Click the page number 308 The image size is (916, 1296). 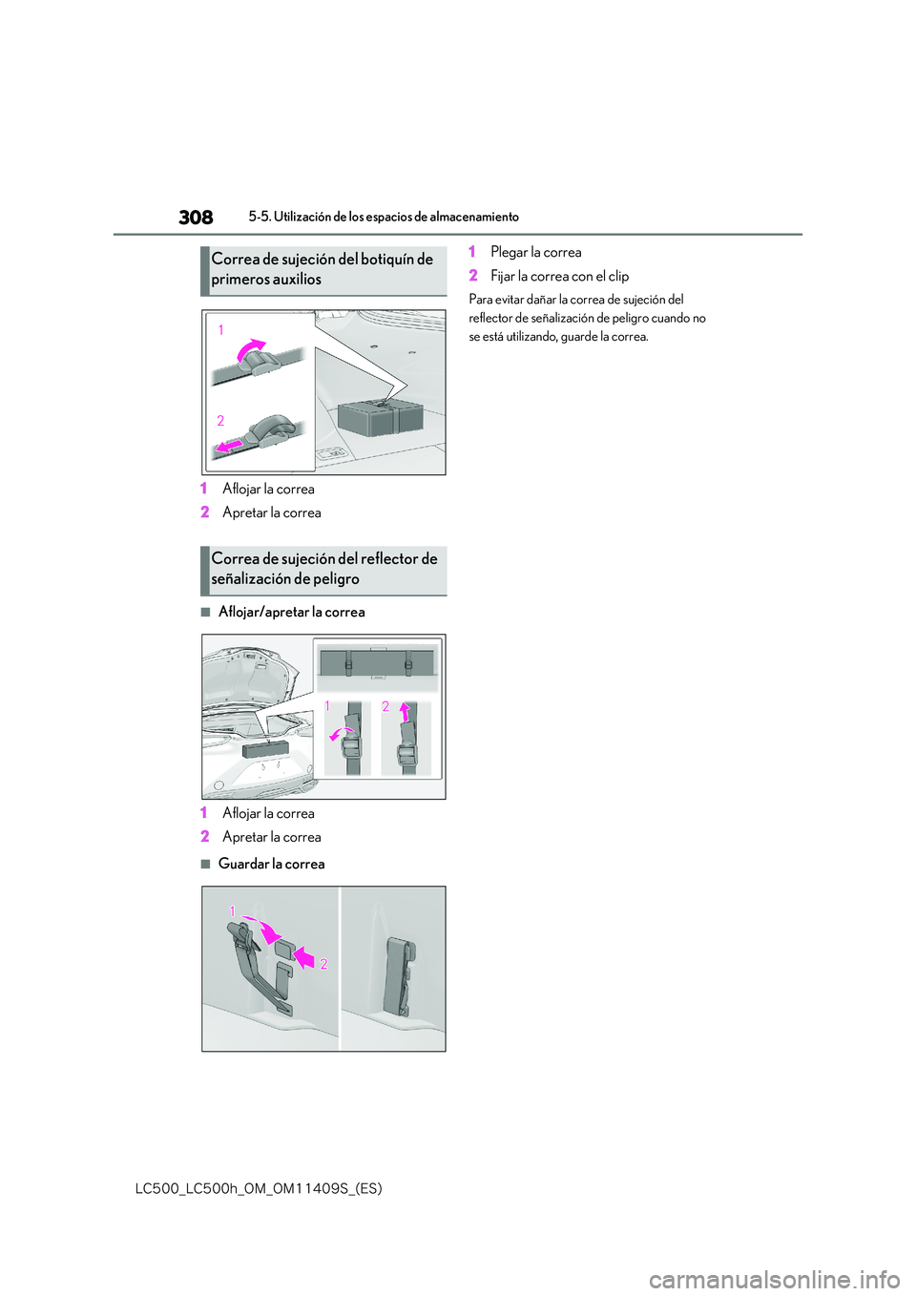pyautogui.click(x=196, y=218)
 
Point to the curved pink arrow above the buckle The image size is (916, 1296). pyautogui.click(x=251, y=350)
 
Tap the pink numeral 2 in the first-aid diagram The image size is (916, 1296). pyautogui.click(x=220, y=421)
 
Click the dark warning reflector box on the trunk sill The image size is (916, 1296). pyautogui.click(x=265, y=748)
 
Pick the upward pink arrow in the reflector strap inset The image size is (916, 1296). pyautogui.click(x=405, y=712)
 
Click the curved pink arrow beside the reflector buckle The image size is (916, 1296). pyautogui.click(x=340, y=734)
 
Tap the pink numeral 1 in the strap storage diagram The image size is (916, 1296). pyautogui.click(x=233, y=911)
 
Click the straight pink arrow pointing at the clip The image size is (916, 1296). pyautogui.click(x=303, y=956)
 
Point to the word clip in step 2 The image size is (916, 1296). pyautogui.click(x=618, y=276)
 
